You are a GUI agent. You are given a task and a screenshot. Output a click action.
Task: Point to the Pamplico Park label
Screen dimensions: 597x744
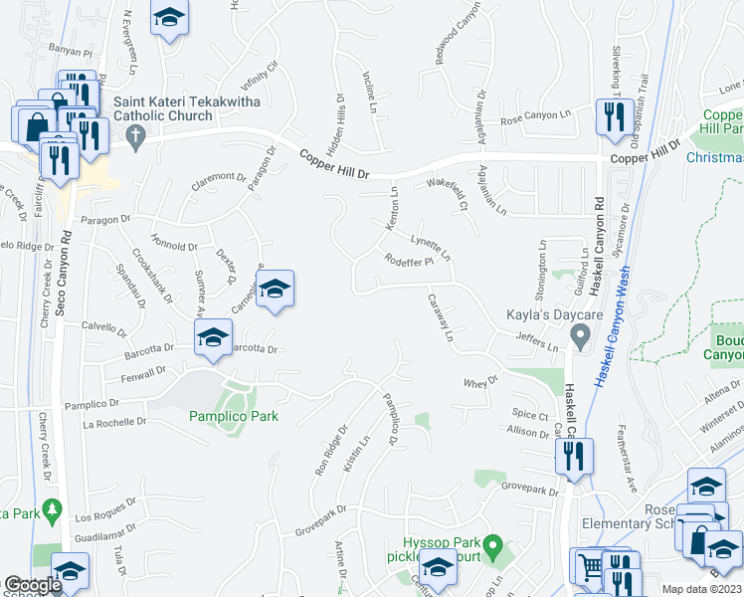(234, 416)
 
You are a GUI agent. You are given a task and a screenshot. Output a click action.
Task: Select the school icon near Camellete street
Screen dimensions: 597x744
(276, 289)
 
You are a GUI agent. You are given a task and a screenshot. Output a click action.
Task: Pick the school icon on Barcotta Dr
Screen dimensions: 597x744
(211, 340)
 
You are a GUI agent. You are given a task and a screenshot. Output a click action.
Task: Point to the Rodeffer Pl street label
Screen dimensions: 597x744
(411, 263)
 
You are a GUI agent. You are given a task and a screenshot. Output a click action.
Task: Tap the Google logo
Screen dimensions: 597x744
(33, 585)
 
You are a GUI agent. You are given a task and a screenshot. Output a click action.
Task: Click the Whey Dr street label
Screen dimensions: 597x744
(479, 381)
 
